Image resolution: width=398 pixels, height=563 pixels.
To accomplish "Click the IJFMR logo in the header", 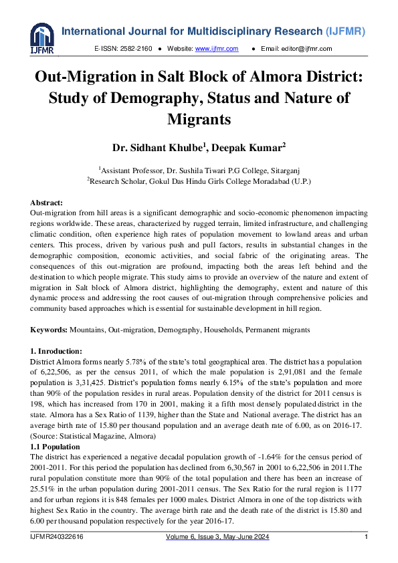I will [41, 39].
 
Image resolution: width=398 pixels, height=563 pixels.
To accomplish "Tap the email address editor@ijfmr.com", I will [306, 49].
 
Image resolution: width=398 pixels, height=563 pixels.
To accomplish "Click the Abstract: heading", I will [47, 203].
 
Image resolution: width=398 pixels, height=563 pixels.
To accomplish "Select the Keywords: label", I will [48, 331].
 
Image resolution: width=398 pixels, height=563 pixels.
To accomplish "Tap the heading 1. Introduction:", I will [57, 351].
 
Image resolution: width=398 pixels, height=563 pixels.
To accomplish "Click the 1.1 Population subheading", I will [56, 447].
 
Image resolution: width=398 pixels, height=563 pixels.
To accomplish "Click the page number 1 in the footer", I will [365, 538].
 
